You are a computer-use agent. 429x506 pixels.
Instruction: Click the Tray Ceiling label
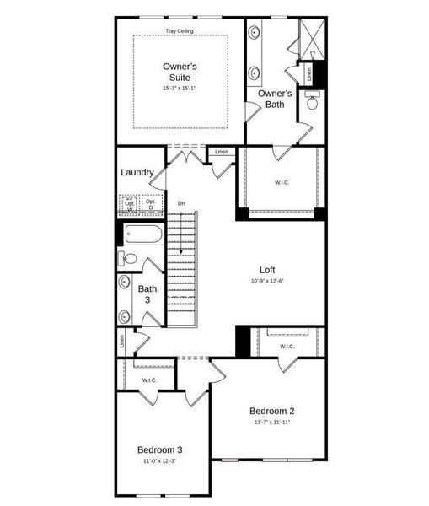(x=180, y=31)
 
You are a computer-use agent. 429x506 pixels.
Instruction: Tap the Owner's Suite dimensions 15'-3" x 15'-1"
(x=180, y=89)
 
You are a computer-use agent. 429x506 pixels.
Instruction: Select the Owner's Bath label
(x=275, y=99)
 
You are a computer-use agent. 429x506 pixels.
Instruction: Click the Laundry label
(x=137, y=173)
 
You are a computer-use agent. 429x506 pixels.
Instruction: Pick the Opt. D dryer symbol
(x=152, y=205)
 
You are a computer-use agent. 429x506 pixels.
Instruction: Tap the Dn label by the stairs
(x=180, y=203)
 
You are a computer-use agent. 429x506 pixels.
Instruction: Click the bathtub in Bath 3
(x=142, y=234)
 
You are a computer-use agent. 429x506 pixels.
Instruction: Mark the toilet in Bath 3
(x=125, y=258)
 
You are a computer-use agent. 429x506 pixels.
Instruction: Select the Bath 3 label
(x=147, y=294)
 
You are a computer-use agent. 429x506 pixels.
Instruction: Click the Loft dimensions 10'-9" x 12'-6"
(x=267, y=281)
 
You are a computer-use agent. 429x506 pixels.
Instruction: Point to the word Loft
(x=267, y=270)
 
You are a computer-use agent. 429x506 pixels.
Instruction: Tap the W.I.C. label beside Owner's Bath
(x=282, y=182)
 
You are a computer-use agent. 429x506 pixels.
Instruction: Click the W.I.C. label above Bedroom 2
(x=287, y=346)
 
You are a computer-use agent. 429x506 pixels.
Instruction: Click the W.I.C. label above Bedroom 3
(x=149, y=380)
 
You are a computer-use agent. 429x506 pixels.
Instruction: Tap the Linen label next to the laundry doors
(x=221, y=152)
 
